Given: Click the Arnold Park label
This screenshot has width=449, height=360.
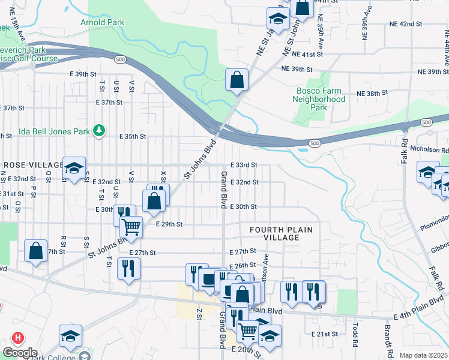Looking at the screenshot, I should tap(102, 23).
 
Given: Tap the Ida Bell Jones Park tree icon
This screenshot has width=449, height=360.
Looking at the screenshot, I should tap(101, 130).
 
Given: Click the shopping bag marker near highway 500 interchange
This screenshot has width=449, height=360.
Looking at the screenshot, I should tap(237, 79).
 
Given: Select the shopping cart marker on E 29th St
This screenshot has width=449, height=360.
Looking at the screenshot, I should tap(131, 227).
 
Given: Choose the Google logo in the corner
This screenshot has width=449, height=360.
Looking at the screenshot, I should tap(19, 353).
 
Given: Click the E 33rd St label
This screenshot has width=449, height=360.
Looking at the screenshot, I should tap(244, 165).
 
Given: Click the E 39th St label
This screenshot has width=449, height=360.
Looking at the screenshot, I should tap(83, 73).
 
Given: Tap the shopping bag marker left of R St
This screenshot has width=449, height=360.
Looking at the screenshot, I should tap(35, 250).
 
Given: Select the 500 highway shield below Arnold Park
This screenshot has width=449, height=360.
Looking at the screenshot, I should tap(121, 59).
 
